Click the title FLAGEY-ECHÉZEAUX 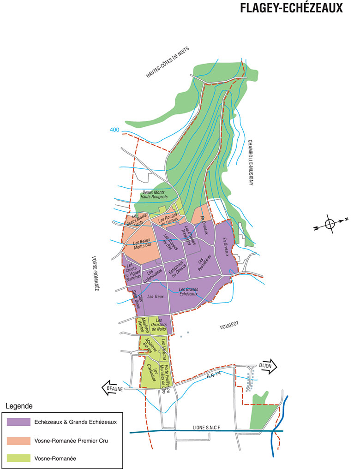click(x=291, y=8)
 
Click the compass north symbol click(x=330, y=224)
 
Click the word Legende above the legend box click(x=19, y=406)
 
